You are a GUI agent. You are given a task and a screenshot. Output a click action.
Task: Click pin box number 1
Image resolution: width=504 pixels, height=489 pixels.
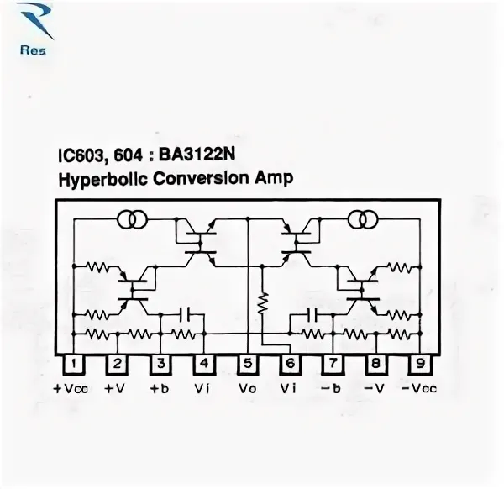pyautogui.click(x=74, y=364)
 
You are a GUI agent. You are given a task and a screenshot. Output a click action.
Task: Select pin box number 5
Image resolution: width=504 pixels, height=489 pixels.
pyautogui.click(x=248, y=364)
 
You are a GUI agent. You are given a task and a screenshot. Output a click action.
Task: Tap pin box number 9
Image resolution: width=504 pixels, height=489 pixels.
pyautogui.click(x=420, y=364)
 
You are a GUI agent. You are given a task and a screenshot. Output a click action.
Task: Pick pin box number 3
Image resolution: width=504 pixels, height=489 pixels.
pyautogui.click(x=160, y=364)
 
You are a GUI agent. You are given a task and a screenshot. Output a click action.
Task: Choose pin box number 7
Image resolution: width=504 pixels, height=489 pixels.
pyautogui.click(x=333, y=364)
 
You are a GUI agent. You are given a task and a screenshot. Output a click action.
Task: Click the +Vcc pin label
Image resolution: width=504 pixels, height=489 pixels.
pyautogui.click(x=71, y=389)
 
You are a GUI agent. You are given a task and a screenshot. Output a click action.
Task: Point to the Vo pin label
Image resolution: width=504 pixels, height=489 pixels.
pyautogui.click(x=248, y=389)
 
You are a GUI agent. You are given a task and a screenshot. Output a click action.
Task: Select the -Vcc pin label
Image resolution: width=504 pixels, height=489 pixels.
pyautogui.click(x=419, y=389)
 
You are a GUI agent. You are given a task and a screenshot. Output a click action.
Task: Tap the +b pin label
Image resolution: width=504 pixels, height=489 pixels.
pyautogui.click(x=160, y=389)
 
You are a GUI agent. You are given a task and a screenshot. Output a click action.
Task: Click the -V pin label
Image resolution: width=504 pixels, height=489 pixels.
pyautogui.click(x=374, y=389)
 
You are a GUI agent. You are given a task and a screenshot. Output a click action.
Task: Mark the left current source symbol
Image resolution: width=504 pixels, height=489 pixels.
pyautogui.click(x=133, y=219)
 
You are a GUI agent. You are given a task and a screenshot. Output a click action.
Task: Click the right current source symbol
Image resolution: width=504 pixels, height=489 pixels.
pyautogui.click(x=363, y=219)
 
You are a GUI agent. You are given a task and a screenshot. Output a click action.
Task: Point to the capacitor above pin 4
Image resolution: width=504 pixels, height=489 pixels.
pyautogui.click(x=185, y=314)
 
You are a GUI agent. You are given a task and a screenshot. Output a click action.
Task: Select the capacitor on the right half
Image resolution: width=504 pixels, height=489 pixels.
pyautogui.click(x=312, y=315)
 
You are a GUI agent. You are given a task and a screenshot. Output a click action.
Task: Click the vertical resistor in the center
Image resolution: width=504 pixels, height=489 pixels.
pyautogui.click(x=263, y=302)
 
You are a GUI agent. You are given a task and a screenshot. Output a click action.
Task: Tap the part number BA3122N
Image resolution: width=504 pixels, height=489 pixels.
pyautogui.click(x=197, y=155)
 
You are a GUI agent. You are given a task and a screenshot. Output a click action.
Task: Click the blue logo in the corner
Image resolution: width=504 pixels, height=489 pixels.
pyautogui.click(x=34, y=29)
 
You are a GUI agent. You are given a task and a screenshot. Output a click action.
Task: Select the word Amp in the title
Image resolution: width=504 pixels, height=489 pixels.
pyautogui.click(x=274, y=178)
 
